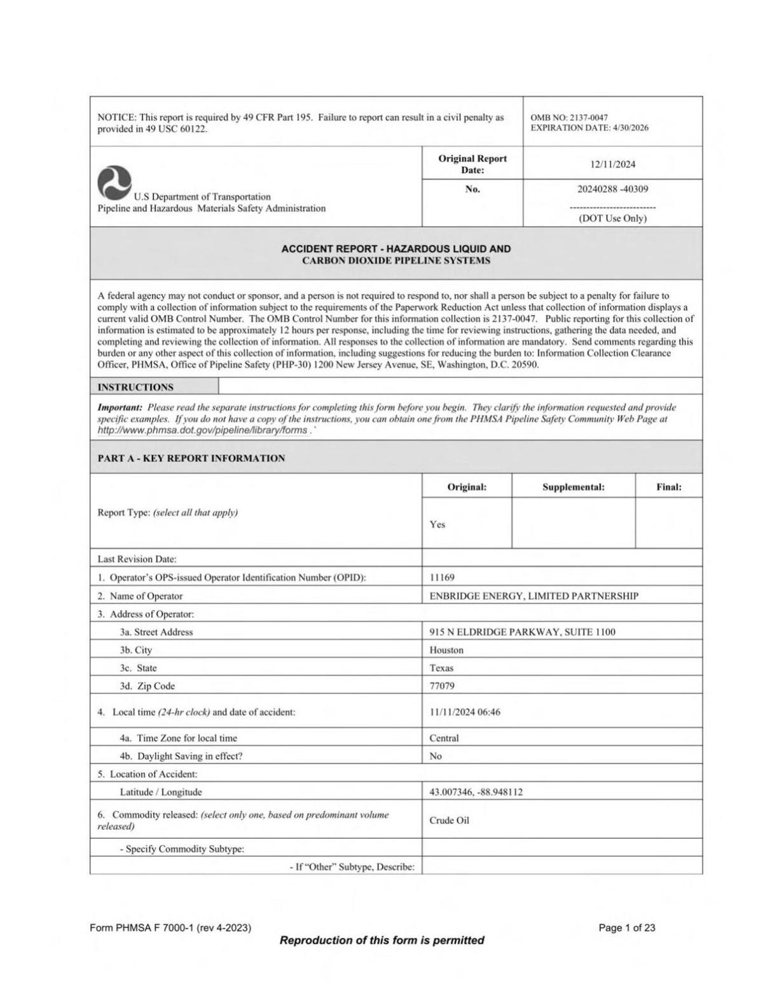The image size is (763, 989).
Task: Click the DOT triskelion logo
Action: click(x=114, y=182)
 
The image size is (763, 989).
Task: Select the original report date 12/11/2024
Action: click(x=612, y=164)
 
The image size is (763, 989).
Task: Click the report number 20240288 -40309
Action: click(x=612, y=189)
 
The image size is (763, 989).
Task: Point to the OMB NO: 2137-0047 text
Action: click(x=568, y=117)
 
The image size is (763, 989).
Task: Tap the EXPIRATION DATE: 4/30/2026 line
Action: click(x=589, y=128)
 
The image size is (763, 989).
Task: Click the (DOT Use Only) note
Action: click(x=612, y=218)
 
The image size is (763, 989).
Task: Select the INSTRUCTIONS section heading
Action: click(x=135, y=387)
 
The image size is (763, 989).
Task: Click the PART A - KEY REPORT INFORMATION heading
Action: click(x=191, y=458)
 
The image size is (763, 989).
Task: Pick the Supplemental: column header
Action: click(x=573, y=487)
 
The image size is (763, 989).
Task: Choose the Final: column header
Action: click(x=668, y=487)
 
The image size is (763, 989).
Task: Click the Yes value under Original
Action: click(x=437, y=524)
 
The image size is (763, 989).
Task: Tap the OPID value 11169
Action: click(x=442, y=577)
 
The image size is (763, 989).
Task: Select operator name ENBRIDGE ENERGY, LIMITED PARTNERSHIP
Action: click(x=533, y=596)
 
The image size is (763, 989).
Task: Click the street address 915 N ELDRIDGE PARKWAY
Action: click(x=522, y=632)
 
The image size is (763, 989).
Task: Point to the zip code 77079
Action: click(x=442, y=686)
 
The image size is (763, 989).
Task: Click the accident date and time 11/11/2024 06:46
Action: click(x=464, y=712)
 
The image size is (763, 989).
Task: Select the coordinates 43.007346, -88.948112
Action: click(x=476, y=792)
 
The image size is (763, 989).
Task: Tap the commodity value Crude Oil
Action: click(x=449, y=820)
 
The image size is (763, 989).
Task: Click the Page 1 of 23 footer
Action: click(x=626, y=928)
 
